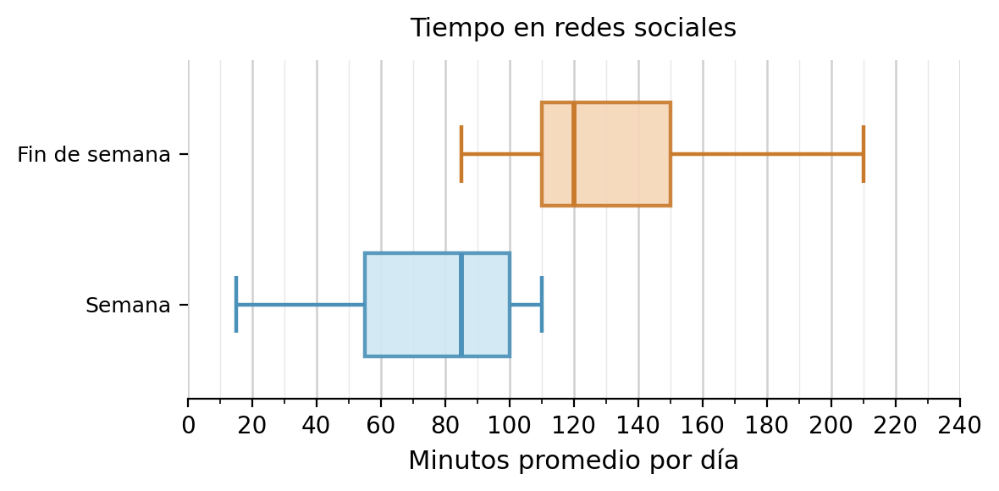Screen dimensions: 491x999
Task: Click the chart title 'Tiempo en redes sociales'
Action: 573,29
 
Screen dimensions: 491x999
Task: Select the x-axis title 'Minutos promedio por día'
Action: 573,461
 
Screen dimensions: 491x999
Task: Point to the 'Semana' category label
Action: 128,306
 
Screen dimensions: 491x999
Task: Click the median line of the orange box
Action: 574,154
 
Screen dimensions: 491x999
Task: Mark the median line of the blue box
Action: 461,305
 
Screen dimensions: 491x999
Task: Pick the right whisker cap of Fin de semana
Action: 863,154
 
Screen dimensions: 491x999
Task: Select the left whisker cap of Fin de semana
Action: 461,154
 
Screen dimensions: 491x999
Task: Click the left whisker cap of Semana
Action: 236,305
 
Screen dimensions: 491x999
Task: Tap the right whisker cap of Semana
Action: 542,305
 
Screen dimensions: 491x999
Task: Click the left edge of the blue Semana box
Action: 365,305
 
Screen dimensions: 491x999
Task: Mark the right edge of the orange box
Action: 671,154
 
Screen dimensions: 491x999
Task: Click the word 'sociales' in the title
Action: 694,29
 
